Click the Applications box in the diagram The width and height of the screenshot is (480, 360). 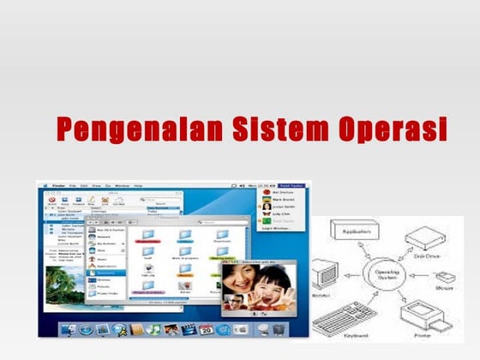[x=351, y=231]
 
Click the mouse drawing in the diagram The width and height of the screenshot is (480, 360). [x=444, y=279]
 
